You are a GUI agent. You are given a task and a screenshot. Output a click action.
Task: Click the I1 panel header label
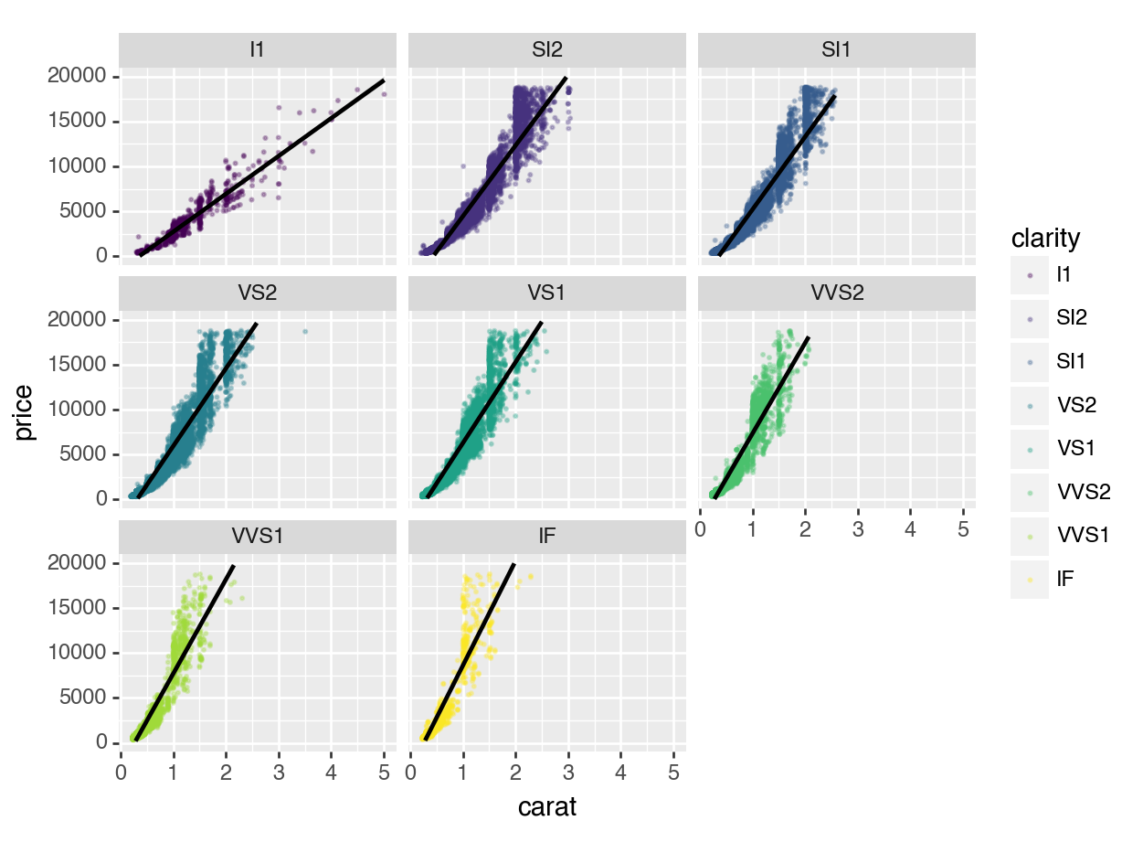258,50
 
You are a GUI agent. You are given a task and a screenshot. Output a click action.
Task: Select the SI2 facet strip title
546,50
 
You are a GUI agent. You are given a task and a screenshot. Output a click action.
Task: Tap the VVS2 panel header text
836,293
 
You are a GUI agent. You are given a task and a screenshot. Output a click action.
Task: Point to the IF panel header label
546,537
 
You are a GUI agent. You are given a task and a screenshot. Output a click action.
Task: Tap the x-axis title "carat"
546,808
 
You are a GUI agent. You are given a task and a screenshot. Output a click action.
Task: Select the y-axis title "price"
25,411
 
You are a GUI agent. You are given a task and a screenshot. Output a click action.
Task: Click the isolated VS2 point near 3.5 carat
305,332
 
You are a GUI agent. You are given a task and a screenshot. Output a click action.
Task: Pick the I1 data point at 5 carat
384,93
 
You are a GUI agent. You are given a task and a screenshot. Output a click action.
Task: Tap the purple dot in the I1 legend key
1031,274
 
